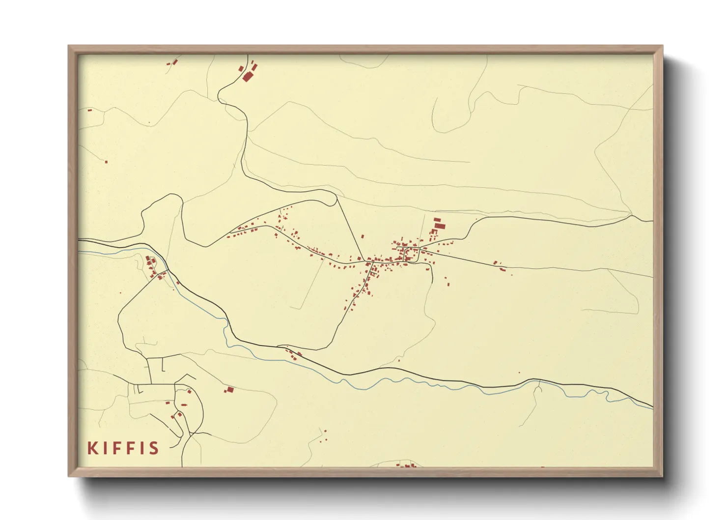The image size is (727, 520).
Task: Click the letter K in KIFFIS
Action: point(92,448)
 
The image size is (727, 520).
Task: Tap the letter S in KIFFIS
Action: point(154,448)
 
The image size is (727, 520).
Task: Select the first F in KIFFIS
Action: point(118,448)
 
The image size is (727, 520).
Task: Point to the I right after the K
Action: point(105,448)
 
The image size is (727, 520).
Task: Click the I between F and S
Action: point(143,448)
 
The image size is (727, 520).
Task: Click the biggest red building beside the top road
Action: point(247,76)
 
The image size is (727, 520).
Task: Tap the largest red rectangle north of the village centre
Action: point(440,226)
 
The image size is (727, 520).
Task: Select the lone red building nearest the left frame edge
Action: point(89,110)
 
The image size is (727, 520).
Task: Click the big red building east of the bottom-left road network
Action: point(229,390)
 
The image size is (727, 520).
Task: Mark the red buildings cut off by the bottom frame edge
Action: point(407,465)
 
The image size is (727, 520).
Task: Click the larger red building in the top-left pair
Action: point(174,61)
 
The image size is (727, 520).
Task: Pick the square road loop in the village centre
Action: point(408,255)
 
